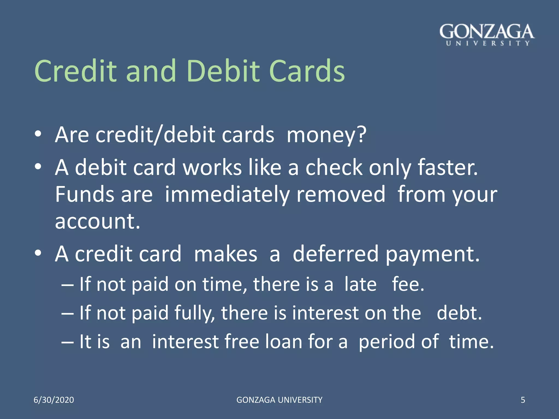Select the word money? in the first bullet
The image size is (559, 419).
click(326, 135)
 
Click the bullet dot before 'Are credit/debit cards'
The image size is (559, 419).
click(38, 134)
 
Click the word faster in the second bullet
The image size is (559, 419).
click(448, 167)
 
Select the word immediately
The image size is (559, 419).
click(227, 195)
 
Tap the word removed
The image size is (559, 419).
click(341, 194)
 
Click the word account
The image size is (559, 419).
click(97, 222)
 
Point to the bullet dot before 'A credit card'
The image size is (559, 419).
click(38, 253)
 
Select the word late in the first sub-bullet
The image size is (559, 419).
click(360, 284)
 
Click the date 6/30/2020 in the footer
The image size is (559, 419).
click(54, 400)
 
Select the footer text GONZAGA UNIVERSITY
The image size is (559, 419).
click(279, 400)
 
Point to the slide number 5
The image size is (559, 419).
click(523, 400)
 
